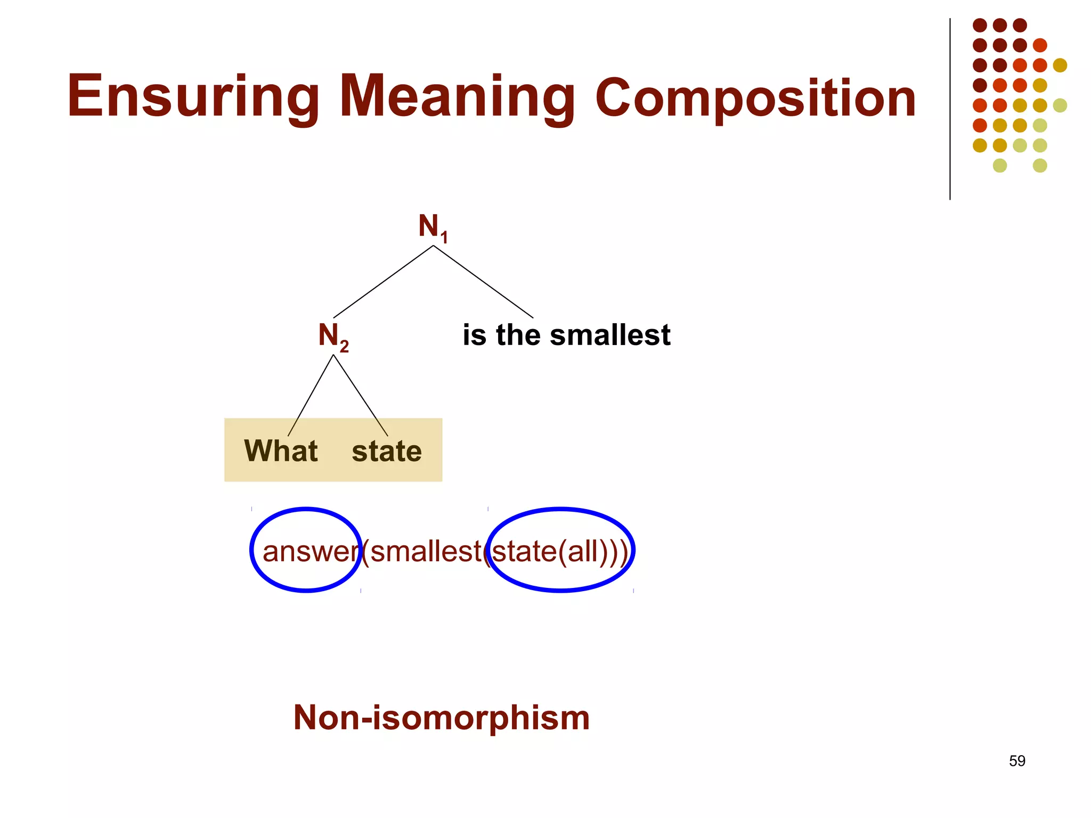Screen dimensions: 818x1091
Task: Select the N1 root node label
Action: point(433,227)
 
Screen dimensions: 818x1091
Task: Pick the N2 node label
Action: point(333,336)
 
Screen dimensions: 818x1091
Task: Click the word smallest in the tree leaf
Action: point(610,336)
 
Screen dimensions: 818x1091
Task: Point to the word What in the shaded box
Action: point(281,451)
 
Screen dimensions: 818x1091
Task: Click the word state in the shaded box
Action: point(387,452)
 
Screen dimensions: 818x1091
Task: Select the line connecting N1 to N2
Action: point(383,282)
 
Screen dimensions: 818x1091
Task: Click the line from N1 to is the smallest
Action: point(483,282)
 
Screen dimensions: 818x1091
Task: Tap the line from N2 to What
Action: point(311,396)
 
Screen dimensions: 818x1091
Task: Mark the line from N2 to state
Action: point(360,396)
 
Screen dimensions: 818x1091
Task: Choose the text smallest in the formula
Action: point(426,551)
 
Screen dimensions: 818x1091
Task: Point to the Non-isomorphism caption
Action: point(441,718)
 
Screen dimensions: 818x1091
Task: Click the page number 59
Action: point(1017,761)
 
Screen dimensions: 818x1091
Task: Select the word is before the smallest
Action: point(475,336)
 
